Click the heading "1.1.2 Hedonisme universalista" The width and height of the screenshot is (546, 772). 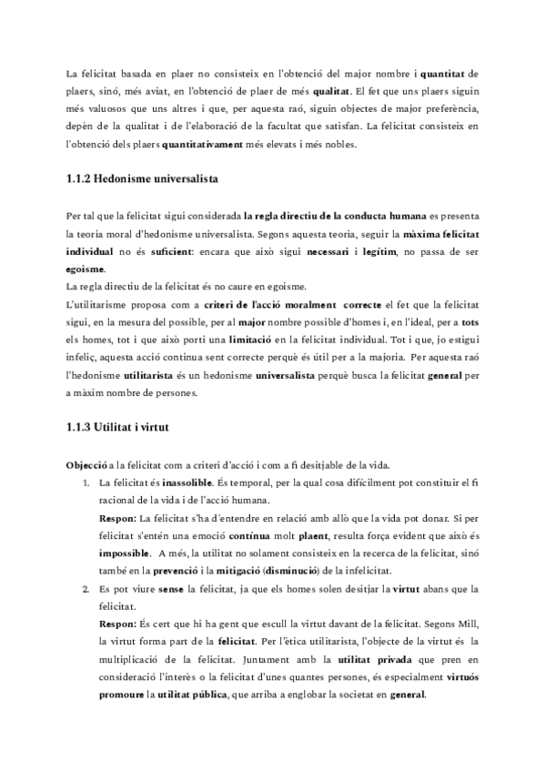pyautogui.click(x=141, y=180)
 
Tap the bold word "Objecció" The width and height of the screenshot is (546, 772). pyautogui.click(x=89, y=465)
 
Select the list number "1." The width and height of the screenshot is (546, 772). pyautogui.click(x=86, y=482)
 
